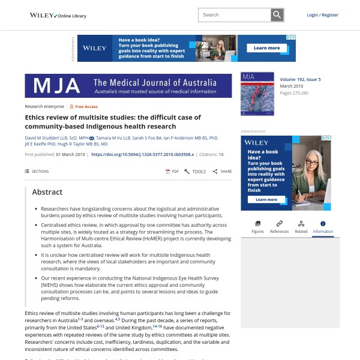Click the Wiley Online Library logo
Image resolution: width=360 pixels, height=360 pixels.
click(x=58, y=15)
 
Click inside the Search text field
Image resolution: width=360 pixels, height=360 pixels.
click(x=235, y=15)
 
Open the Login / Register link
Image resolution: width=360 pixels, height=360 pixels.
click(x=322, y=15)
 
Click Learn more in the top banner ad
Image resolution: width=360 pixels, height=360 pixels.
click(x=266, y=48)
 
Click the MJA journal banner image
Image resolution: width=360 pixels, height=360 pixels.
click(x=128, y=86)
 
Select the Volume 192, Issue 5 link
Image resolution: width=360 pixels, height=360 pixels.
click(x=300, y=79)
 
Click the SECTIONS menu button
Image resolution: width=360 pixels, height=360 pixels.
click(x=37, y=172)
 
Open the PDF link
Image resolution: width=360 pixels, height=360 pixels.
click(x=172, y=172)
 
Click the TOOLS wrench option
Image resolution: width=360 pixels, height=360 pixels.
click(x=195, y=172)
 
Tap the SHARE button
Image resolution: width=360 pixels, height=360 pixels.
click(x=222, y=172)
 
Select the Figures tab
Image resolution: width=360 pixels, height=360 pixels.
click(x=257, y=227)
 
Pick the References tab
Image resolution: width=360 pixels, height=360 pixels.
click(x=279, y=227)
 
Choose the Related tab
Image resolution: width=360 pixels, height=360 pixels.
click(x=301, y=227)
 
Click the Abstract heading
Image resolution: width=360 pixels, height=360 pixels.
click(x=47, y=192)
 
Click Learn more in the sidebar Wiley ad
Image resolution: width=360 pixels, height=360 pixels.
click(x=266, y=200)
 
